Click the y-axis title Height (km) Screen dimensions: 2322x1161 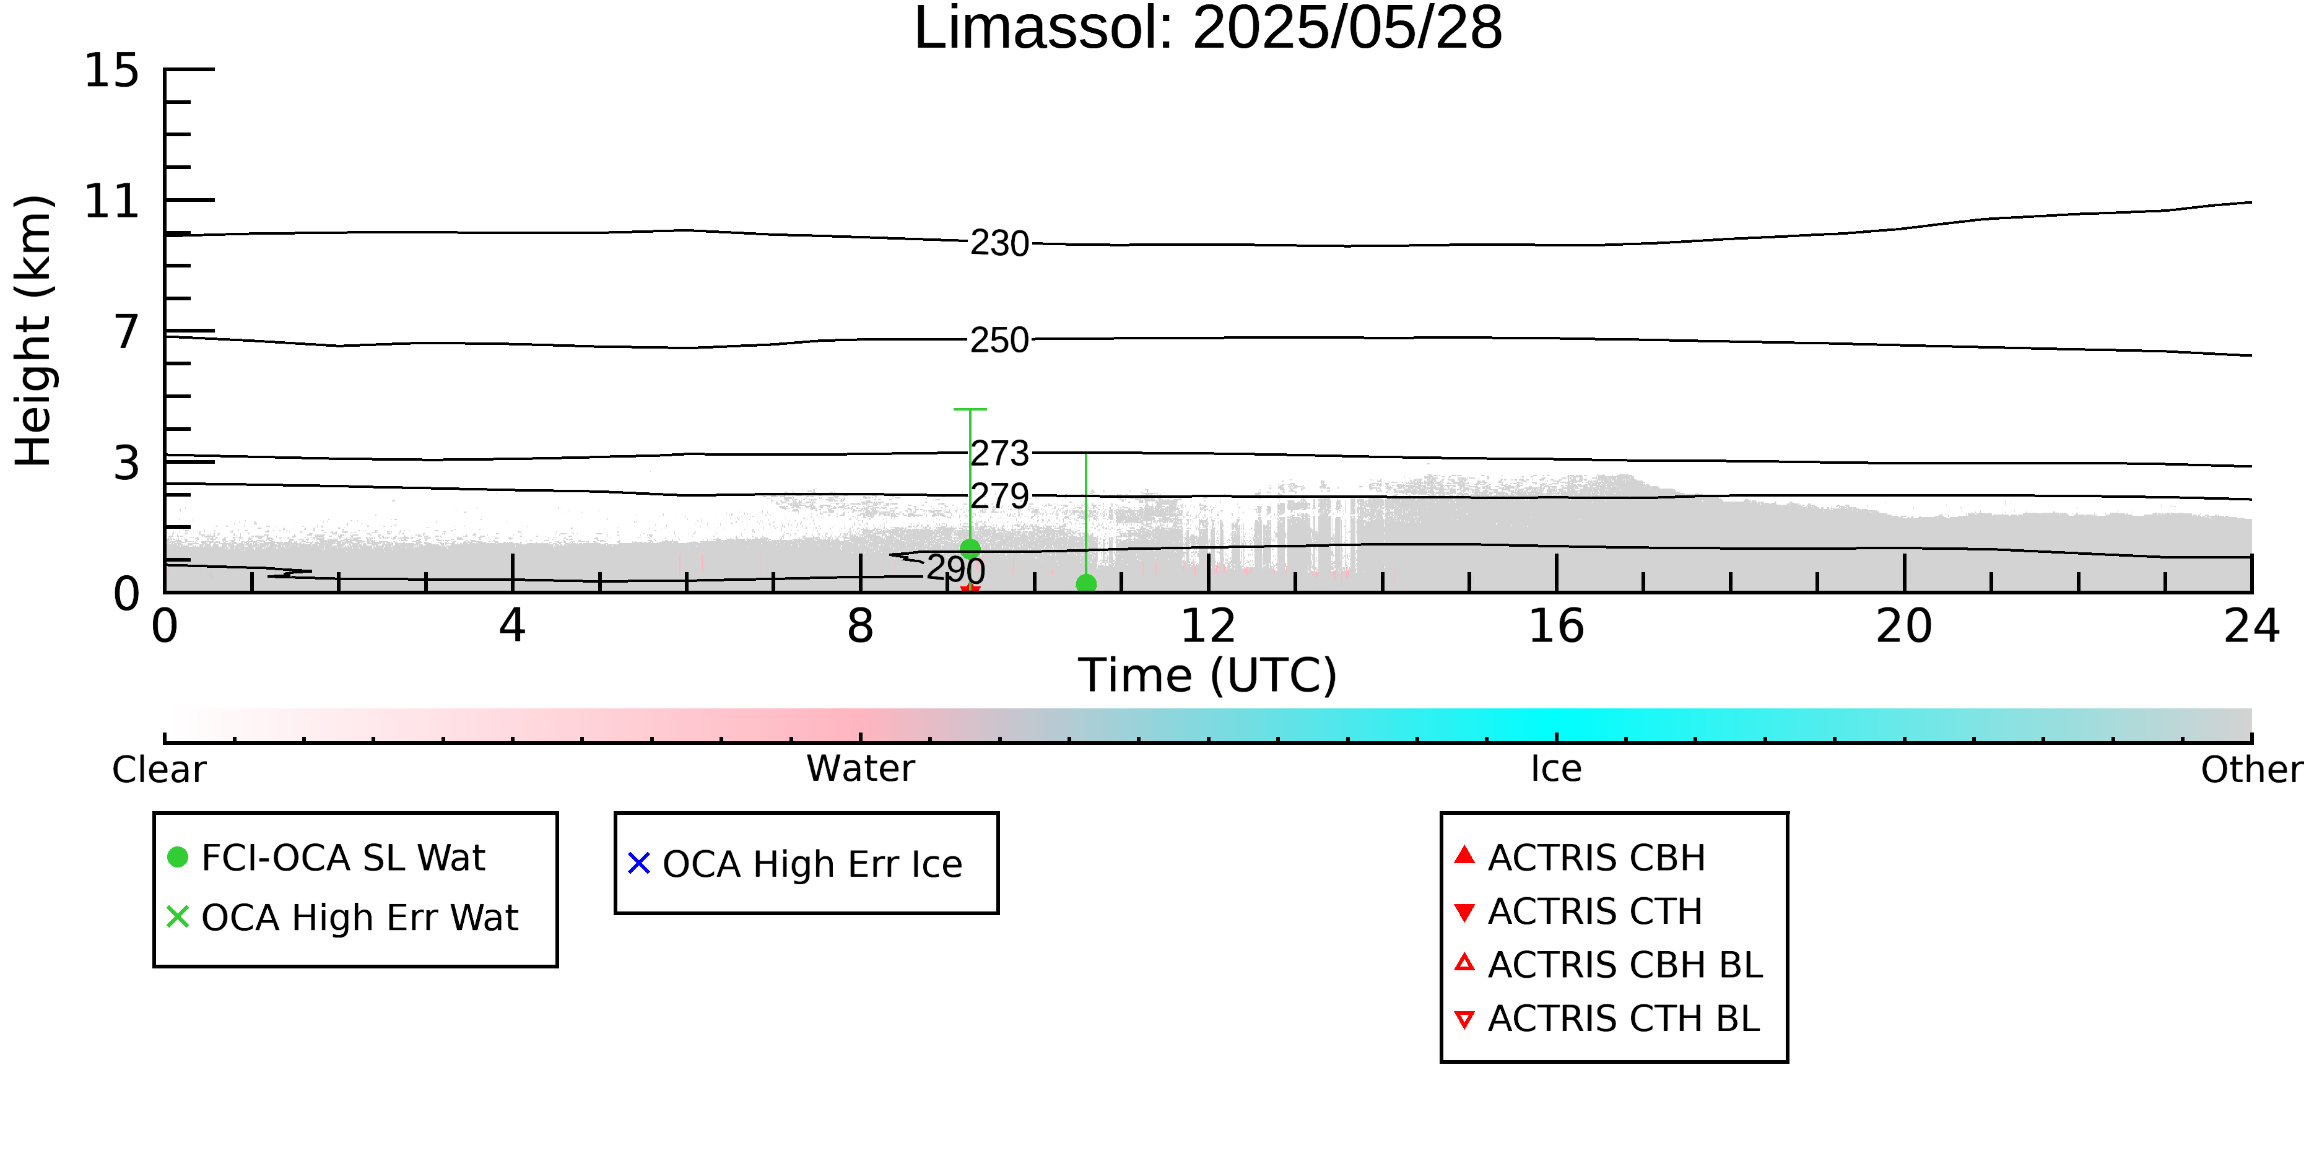pos(33,331)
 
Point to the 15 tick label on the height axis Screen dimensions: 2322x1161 pos(112,71)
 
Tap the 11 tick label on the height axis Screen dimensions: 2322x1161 pos(112,201)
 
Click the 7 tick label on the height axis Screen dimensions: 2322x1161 pos(127,332)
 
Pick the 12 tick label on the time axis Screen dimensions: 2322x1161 pos(1208,627)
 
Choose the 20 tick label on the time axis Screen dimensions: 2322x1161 pos(1904,627)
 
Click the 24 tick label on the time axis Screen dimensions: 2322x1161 pos(2251,627)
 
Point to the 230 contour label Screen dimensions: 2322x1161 pos(999,243)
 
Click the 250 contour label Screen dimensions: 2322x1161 pos(999,341)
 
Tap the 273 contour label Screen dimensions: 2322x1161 pos(999,453)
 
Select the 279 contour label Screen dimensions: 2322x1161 pos(999,496)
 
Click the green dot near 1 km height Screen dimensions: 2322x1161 pos(970,548)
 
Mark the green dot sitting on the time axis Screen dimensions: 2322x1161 pos(1086,584)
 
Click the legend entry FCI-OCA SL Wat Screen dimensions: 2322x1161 pos(326,857)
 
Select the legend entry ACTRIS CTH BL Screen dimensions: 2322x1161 pos(1607,1019)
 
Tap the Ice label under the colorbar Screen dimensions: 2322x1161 pos(1556,769)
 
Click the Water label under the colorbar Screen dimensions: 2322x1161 pos(861,769)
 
